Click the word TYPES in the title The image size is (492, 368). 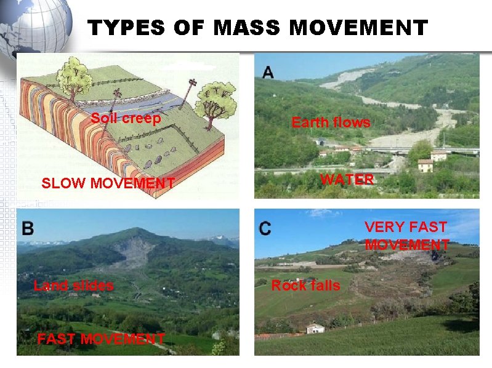[x=126, y=28]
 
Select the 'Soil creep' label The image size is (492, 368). [x=126, y=118]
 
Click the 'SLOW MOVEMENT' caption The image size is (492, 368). [x=108, y=183]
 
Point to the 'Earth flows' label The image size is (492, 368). [x=331, y=122]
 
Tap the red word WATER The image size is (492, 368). [x=347, y=180]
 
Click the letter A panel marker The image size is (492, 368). [x=268, y=72]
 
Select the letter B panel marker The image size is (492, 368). [x=28, y=228]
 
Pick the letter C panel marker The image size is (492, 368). [x=265, y=229]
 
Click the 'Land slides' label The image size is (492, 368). [x=73, y=286]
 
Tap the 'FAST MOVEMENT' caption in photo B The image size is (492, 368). [x=101, y=339]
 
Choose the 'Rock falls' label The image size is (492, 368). [x=305, y=286]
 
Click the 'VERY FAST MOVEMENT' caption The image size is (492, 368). [x=406, y=236]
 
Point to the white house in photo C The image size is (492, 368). [x=315, y=328]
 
